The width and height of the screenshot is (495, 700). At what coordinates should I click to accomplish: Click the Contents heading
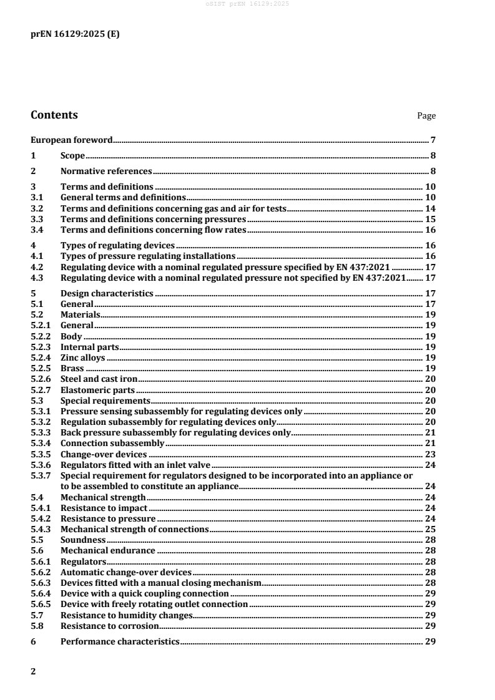pyautogui.click(x=54, y=115)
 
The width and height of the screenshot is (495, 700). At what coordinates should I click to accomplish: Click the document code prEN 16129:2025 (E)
pyautogui.click(x=75, y=34)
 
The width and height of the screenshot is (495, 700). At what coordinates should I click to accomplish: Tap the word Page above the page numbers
pyautogui.click(x=426, y=116)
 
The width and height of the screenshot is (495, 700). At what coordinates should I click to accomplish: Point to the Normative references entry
pyautogui.click(x=106, y=171)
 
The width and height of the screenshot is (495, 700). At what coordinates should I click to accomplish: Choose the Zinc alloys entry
pyautogui.click(x=83, y=358)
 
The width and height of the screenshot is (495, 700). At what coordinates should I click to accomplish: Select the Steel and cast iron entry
pyautogui.click(x=99, y=379)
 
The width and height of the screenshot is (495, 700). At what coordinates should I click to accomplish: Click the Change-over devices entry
pyautogui.click(x=104, y=454)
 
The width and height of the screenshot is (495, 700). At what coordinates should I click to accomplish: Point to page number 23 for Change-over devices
pyautogui.click(x=430, y=454)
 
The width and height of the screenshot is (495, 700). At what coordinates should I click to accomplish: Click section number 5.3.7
pyautogui.click(x=41, y=475)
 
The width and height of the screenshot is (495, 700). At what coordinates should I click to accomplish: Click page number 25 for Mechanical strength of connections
pyautogui.click(x=430, y=528)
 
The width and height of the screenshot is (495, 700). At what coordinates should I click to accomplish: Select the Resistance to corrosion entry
pyautogui.click(x=109, y=625)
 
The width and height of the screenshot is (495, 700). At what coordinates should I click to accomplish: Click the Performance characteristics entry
pyautogui.click(x=120, y=642)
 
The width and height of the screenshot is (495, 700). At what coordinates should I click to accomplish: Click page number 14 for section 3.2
pyautogui.click(x=430, y=208)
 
